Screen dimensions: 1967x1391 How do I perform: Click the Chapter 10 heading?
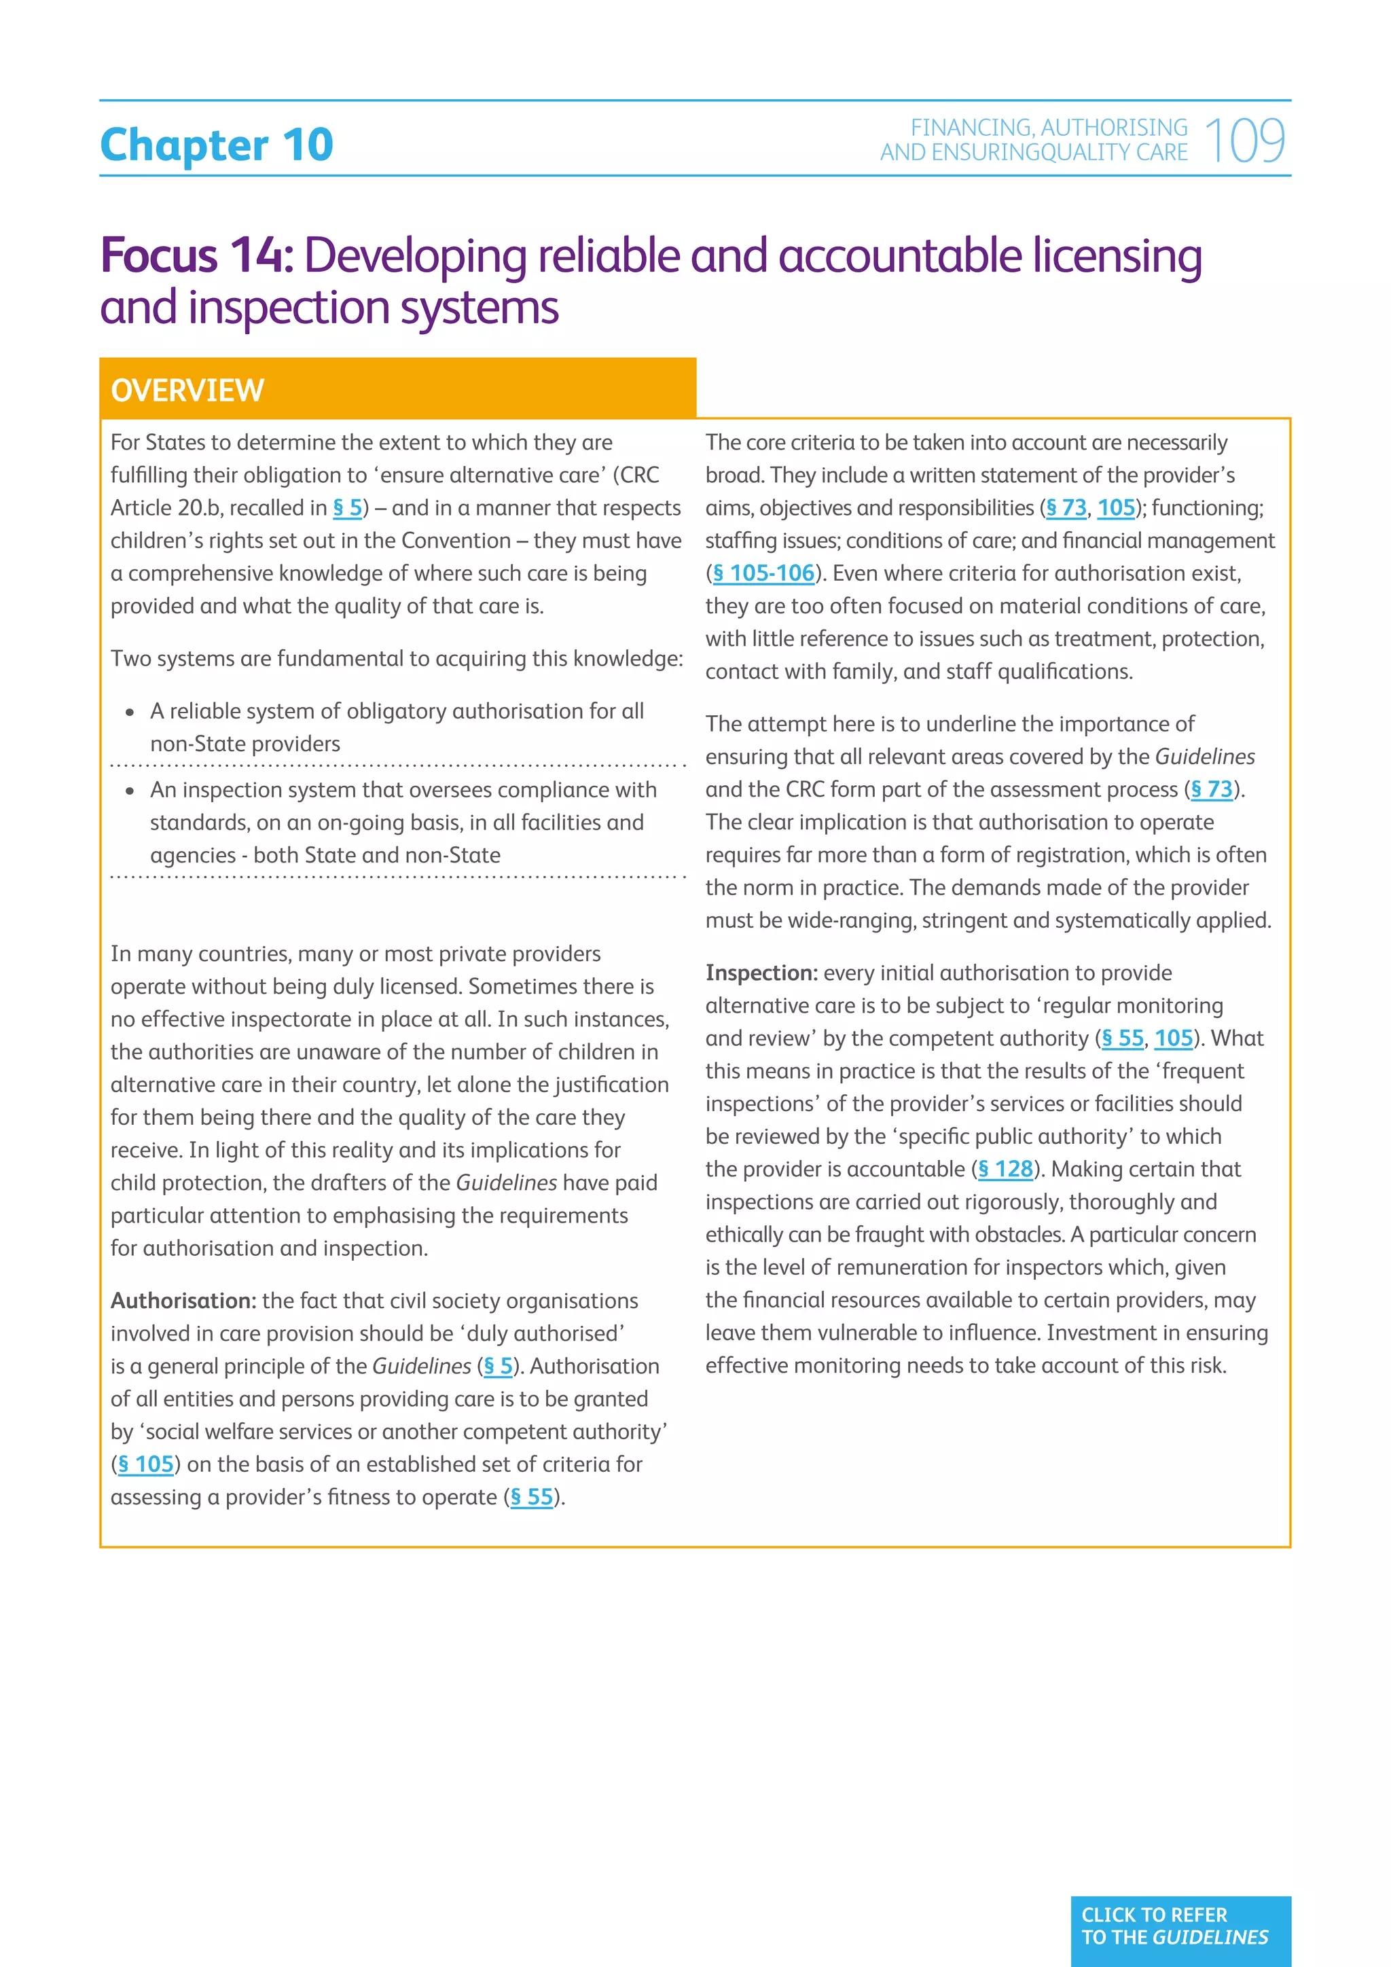tap(217, 145)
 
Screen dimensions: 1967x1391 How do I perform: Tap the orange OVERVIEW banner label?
tap(187, 391)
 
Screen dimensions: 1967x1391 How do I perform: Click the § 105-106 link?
tap(763, 573)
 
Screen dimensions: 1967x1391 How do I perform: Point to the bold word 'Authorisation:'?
tap(183, 1301)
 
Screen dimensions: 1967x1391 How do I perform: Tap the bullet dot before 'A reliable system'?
tap(129, 712)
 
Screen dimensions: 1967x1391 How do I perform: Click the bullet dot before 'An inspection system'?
tap(129, 791)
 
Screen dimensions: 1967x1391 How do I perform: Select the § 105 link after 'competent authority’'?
tap(145, 1464)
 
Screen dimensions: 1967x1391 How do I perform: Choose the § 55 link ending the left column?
tap(532, 1497)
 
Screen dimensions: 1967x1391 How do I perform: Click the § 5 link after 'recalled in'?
tap(347, 508)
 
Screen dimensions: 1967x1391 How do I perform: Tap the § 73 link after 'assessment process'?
tap(1211, 789)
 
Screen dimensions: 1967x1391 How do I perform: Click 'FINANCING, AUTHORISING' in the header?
tap(1049, 128)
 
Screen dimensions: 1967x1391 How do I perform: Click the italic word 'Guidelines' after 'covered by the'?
tap(1204, 757)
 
